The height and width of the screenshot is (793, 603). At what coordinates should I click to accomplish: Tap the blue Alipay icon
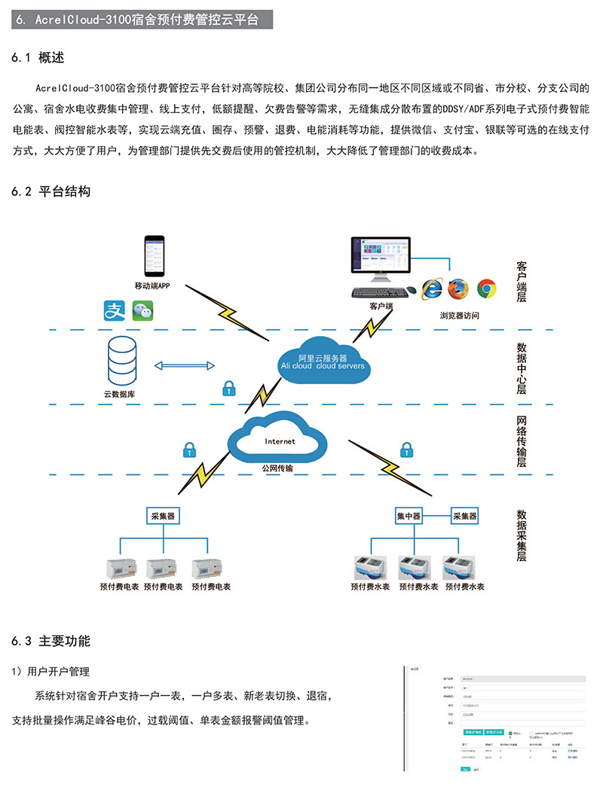(x=114, y=311)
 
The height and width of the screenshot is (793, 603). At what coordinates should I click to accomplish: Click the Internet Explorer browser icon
(x=432, y=288)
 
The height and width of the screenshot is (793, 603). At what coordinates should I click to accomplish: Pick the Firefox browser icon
(x=458, y=288)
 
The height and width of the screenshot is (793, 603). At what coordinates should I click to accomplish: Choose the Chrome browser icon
(x=486, y=288)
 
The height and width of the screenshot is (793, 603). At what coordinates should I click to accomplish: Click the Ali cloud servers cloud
(x=322, y=362)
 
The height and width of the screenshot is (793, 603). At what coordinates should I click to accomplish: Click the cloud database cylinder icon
(x=124, y=361)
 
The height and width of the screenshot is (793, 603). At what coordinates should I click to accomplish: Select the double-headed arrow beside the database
(x=185, y=366)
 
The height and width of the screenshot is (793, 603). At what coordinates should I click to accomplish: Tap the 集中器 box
(x=409, y=516)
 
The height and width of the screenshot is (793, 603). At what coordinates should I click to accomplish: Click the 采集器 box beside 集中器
(x=464, y=516)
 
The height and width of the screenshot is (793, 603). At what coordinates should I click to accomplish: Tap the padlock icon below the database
(x=227, y=389)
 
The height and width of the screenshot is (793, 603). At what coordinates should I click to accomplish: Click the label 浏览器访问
(x=460, y=315)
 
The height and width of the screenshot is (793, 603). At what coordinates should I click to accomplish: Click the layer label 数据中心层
(x=521, y=368)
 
